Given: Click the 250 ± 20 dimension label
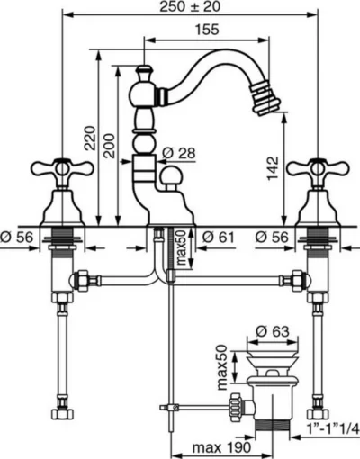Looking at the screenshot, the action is pos(190,6).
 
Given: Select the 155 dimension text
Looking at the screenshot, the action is pos(207,30).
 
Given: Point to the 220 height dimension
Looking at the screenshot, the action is pos(90,139).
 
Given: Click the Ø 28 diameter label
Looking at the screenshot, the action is pos(179,153).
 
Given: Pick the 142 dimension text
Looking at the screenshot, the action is pos(273,168).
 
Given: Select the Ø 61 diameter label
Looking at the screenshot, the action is pos(218,238).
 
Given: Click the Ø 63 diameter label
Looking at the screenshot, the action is pos(273,331).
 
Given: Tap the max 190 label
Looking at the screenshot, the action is pos(221,447).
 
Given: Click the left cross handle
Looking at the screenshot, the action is pos(63,169).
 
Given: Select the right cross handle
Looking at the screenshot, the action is pos(318,169).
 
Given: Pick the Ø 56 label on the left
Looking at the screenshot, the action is pos(16,238).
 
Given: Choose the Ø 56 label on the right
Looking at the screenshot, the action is pos(272,238).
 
